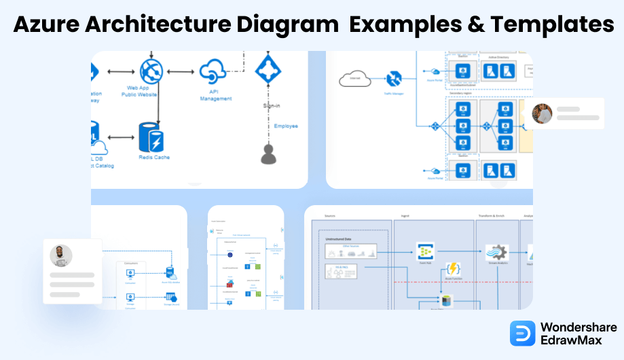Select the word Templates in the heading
click(552, 24)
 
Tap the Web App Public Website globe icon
click(151, 71)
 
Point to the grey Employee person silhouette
click(270, 154)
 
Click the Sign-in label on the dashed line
click(272, 106)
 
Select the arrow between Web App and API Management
click(181, 71)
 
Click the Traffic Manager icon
click(394, 79)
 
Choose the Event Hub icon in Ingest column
click(425, 251)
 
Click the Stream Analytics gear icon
click(497, 252)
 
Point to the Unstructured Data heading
click(339, 238)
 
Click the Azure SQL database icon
click(170, 272)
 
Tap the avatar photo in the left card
click(61, 255)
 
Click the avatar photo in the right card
click(542, 113)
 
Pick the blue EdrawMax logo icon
click(523, 334)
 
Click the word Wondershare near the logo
click(578, 327)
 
